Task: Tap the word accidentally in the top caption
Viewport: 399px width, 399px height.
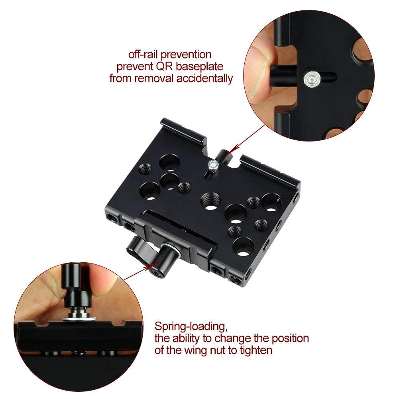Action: (203, 78)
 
